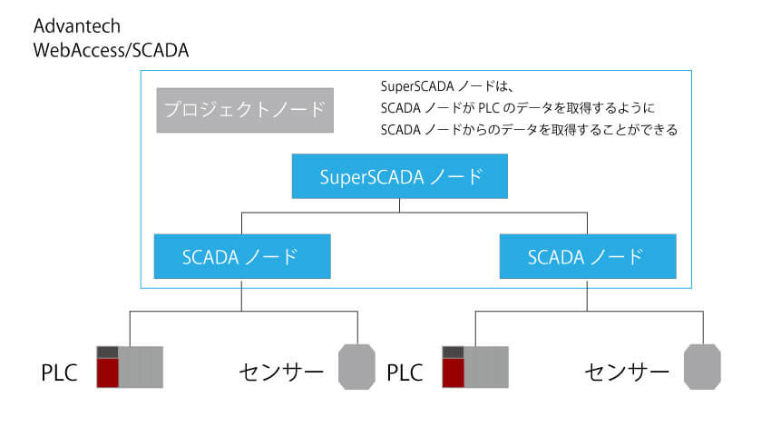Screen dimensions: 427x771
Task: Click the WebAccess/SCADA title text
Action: [111, 51]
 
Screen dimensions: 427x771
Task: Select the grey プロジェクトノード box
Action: [244, 110]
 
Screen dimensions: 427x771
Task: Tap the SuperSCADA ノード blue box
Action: [400, 176]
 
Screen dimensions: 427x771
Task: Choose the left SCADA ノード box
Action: [241, 256]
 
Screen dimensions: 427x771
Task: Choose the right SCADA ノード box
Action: [588, 256]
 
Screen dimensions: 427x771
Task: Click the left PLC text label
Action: [59, 372]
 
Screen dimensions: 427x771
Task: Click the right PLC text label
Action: [405, 372]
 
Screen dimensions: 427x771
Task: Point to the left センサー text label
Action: [280, 372]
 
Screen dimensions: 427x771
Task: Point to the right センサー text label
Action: [627, 372]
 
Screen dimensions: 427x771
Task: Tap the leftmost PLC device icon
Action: [130, 367]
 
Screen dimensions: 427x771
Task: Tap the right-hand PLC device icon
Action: [474, 367]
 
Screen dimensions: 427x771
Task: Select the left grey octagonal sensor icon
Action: [357, 366]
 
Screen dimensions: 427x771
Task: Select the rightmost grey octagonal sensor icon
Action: [703, 366]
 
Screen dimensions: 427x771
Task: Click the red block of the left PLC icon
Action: [108, 373]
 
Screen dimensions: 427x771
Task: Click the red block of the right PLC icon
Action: [453, 373]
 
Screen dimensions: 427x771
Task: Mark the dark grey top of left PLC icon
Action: [108, 352]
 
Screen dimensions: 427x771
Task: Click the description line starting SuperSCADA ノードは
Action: [448, 88]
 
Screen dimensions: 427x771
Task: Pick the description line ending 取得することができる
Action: [530, 130]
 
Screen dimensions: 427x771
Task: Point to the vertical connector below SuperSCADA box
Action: [400, 205]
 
